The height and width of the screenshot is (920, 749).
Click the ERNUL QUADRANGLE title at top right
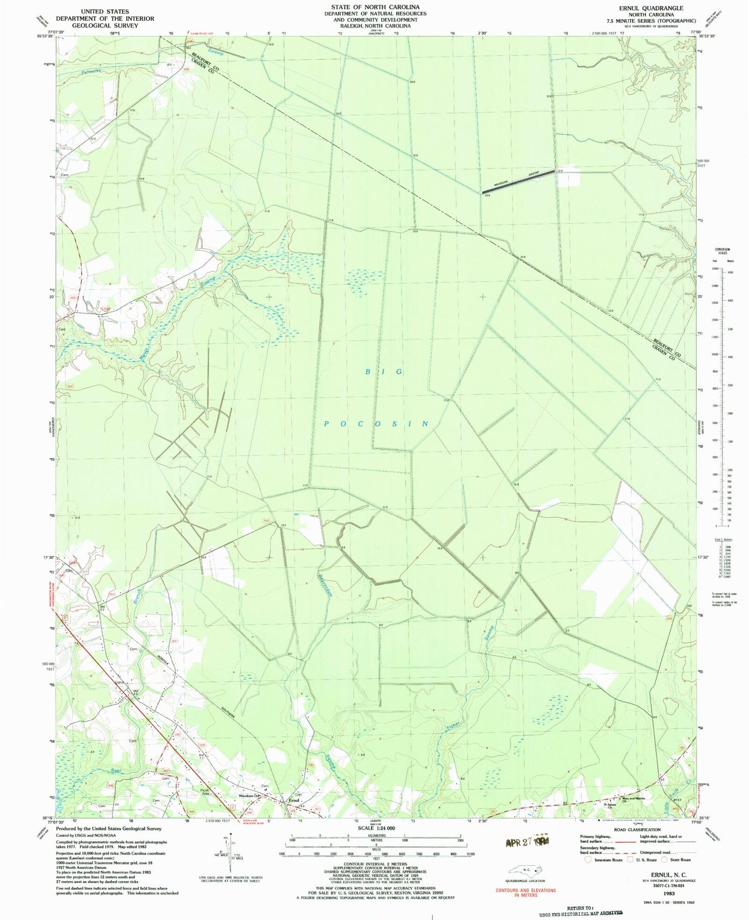(654, 8)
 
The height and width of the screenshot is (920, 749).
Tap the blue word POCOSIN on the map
(376, 424)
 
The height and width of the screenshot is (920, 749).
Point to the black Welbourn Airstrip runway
(518, 183)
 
